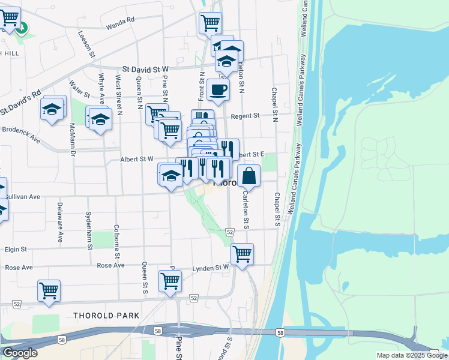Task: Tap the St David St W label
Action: coord(146,70)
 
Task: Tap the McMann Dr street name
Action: coord(71,140)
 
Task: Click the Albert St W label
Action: coord(137,159)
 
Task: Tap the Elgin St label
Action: coord(16,249)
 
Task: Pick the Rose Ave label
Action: coord(110,265)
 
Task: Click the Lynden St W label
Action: coord(210,268)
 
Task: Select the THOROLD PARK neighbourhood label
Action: coord(106,315)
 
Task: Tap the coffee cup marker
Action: coord(218,91)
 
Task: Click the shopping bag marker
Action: coord(249,176)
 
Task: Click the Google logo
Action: coord(20,353)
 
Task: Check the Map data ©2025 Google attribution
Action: coord(411,355)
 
